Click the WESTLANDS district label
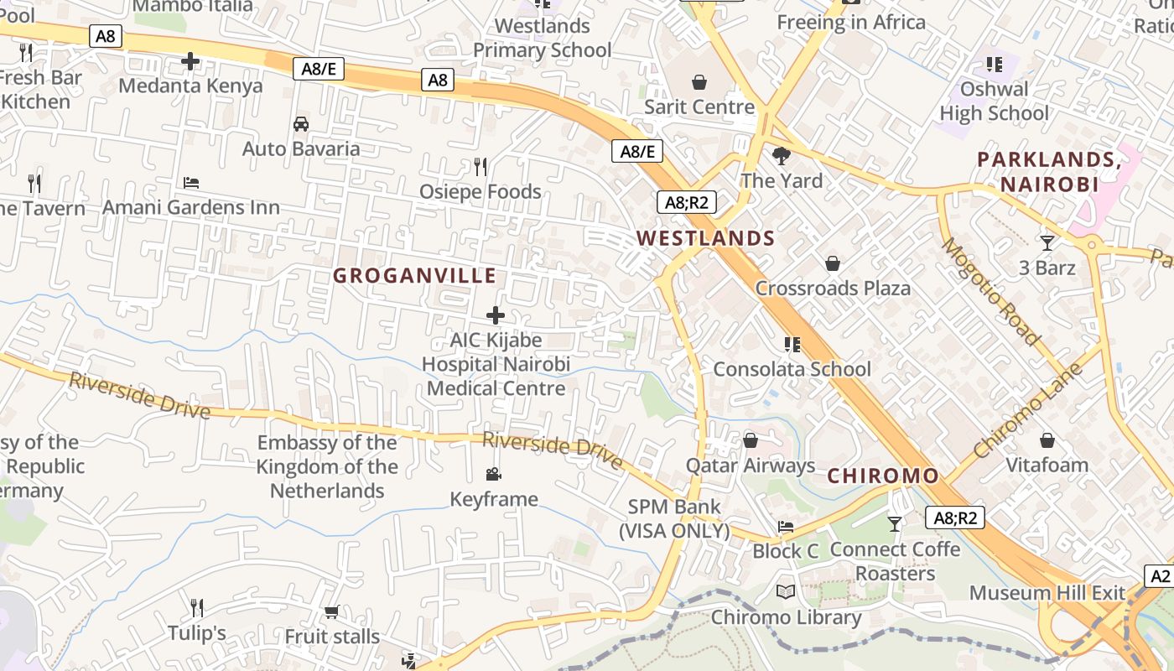tap(705, 238)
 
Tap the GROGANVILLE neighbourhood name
tap(414, 275)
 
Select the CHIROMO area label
tap(883, 476)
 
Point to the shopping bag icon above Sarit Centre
tap(699, 81)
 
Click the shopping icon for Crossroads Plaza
tap(832, 263)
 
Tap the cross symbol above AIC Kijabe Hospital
tap(496, 315)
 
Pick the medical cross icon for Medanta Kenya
tap(190, 60)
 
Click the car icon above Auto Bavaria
tap(301, 124)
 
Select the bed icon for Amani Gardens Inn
tap(191, 182)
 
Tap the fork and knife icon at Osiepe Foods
tap(481, 167)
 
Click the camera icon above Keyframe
tap(494, 474)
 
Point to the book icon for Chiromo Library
tap(786, 592)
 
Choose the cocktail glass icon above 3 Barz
tap(1047, 243)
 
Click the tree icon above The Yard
tap(782, 155)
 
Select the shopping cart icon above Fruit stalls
tap(331, 611)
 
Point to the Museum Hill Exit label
tap(1047, 593)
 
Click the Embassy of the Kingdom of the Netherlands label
tap(327, 466)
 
